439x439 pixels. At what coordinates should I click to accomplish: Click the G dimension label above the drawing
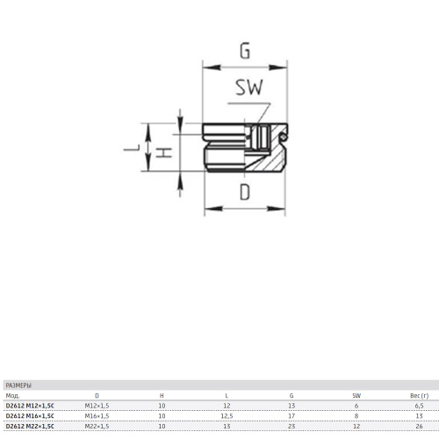coord(245,51)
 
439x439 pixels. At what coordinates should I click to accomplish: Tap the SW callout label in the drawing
coord(249,87)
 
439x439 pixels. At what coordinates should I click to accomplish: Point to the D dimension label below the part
coord(245,192)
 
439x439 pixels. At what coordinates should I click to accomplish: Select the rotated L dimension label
coord(133,148)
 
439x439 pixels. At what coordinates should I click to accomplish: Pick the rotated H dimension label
coord(164,153)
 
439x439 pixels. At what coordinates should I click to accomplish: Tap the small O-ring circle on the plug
coord(283,137)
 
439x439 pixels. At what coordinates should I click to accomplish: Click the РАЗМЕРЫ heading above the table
coord(18,385)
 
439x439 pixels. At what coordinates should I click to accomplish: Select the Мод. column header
coord(12,396)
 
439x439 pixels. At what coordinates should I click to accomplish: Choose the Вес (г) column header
coord(419,396)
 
